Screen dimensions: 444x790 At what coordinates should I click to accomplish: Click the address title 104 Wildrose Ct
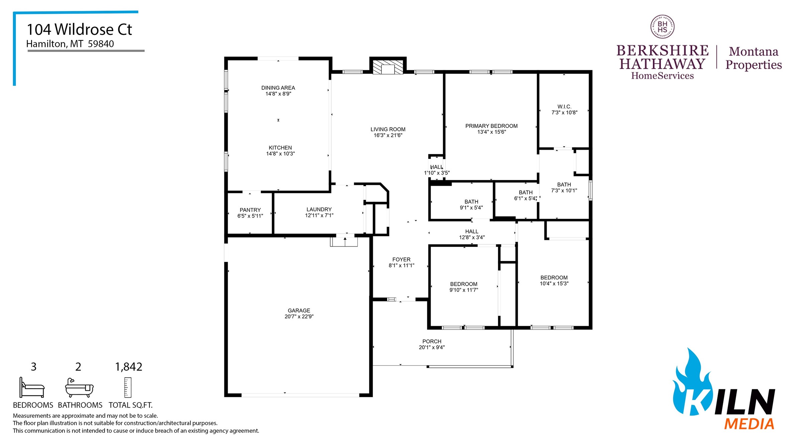point(79,29)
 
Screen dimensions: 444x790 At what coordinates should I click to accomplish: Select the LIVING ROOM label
point(388,129)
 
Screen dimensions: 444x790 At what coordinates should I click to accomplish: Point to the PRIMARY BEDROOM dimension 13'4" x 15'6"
point(491,132)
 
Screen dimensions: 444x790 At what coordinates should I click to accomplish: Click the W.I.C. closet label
point(564,106)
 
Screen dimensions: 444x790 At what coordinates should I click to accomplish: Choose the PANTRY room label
point(250,210)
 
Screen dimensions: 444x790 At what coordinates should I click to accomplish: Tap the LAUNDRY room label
point(319,209)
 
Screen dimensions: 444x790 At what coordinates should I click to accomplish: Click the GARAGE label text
point(299,310)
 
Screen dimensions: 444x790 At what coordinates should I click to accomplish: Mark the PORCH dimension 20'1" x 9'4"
point(432,348)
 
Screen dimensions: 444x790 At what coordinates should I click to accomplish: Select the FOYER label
point(401,259)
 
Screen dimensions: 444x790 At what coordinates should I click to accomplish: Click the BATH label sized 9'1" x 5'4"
point(471,202)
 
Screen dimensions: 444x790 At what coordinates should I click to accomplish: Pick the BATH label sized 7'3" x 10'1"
point(564,185)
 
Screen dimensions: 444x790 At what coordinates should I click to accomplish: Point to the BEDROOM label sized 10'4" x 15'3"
point(554,278)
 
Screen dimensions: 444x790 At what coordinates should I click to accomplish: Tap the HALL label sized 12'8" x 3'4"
point(472,231)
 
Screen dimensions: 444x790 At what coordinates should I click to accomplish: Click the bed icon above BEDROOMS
point(32,388)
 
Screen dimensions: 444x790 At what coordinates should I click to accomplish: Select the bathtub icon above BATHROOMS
point(79,388)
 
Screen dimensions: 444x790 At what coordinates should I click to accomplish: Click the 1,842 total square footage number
point(129,367)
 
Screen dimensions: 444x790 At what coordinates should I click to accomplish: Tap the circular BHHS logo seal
point(662,27)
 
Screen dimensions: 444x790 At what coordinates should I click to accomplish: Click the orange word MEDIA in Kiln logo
point(749,424)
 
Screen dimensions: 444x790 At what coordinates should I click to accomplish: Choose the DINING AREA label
point(278,88)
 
